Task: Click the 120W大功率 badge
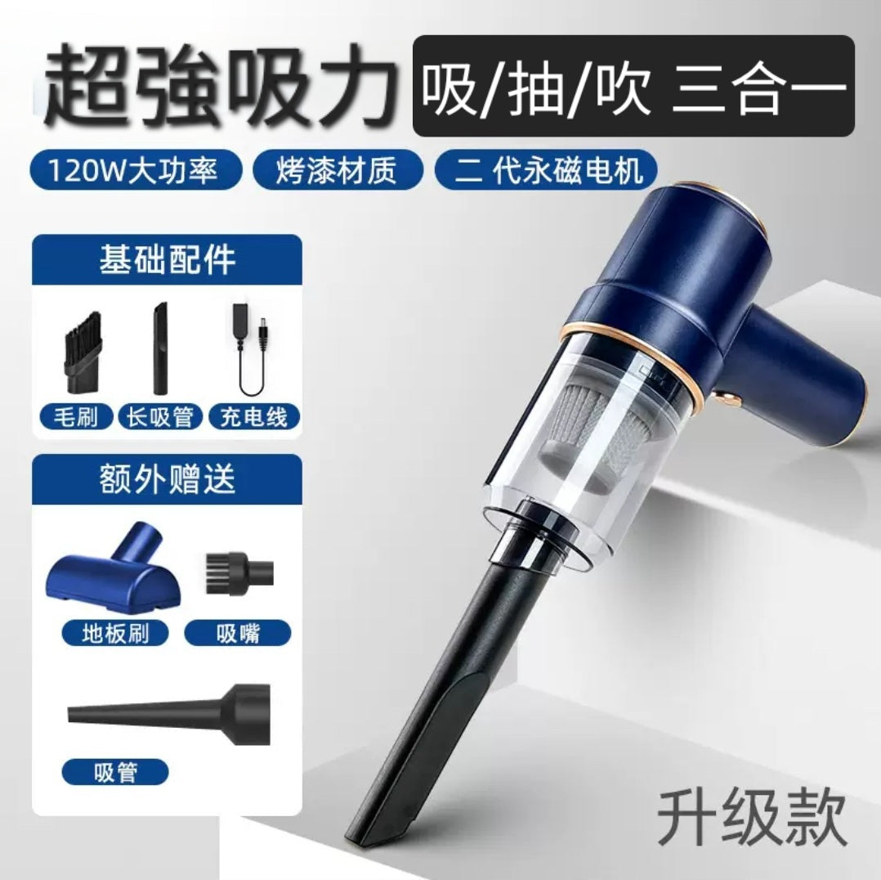tap(136, 172)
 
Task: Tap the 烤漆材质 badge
tap(337, 172)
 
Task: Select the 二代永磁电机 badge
tap(547, 172)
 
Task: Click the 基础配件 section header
tap(167, 260)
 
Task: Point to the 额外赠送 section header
tap(167, 479)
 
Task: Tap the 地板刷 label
tap(115, 632)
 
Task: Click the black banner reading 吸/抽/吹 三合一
tap(633, 86)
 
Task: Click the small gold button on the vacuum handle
tap(723, 397)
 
